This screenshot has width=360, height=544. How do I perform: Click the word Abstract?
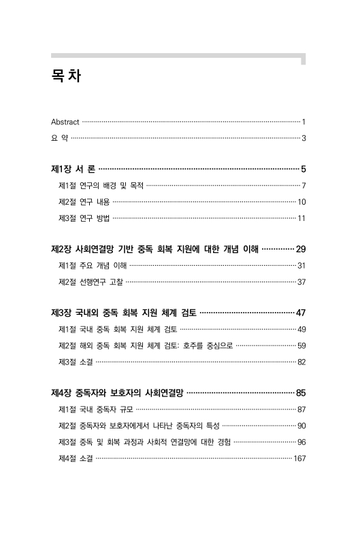point(65,122)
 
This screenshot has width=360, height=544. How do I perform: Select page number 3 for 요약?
point(304,139)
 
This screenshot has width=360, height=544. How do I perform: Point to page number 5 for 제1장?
point(303,169)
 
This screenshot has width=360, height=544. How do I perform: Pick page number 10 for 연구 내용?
point(301,202)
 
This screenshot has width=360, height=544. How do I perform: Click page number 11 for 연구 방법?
point(301,218)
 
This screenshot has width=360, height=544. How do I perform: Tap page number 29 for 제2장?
point(300,249)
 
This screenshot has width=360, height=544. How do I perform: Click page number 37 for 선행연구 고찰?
point(301,282)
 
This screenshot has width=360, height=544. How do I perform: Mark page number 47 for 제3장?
point(300,313)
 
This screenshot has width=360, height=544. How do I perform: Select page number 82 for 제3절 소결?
point(301,362)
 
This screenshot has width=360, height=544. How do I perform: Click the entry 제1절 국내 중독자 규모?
point(97,409)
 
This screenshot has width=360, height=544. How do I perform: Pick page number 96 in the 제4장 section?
point(301,442)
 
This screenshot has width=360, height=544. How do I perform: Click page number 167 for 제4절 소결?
point(299,458)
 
